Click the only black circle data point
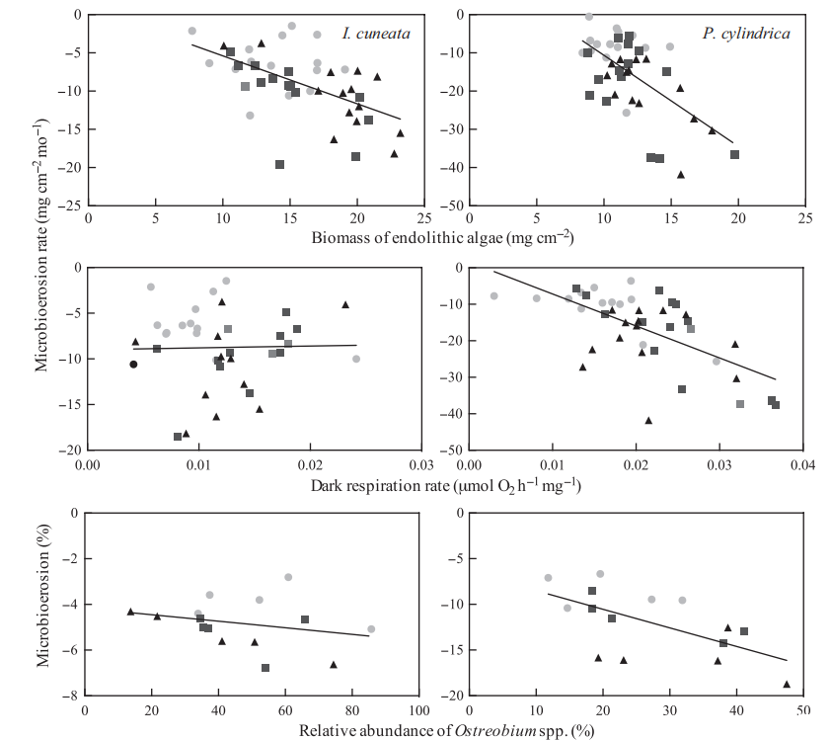click(133, 365)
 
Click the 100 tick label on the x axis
click(418, 710)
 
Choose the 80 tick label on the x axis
click(351, 710)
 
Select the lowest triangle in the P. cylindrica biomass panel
click(680, 174)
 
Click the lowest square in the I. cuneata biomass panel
click(280, 164)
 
